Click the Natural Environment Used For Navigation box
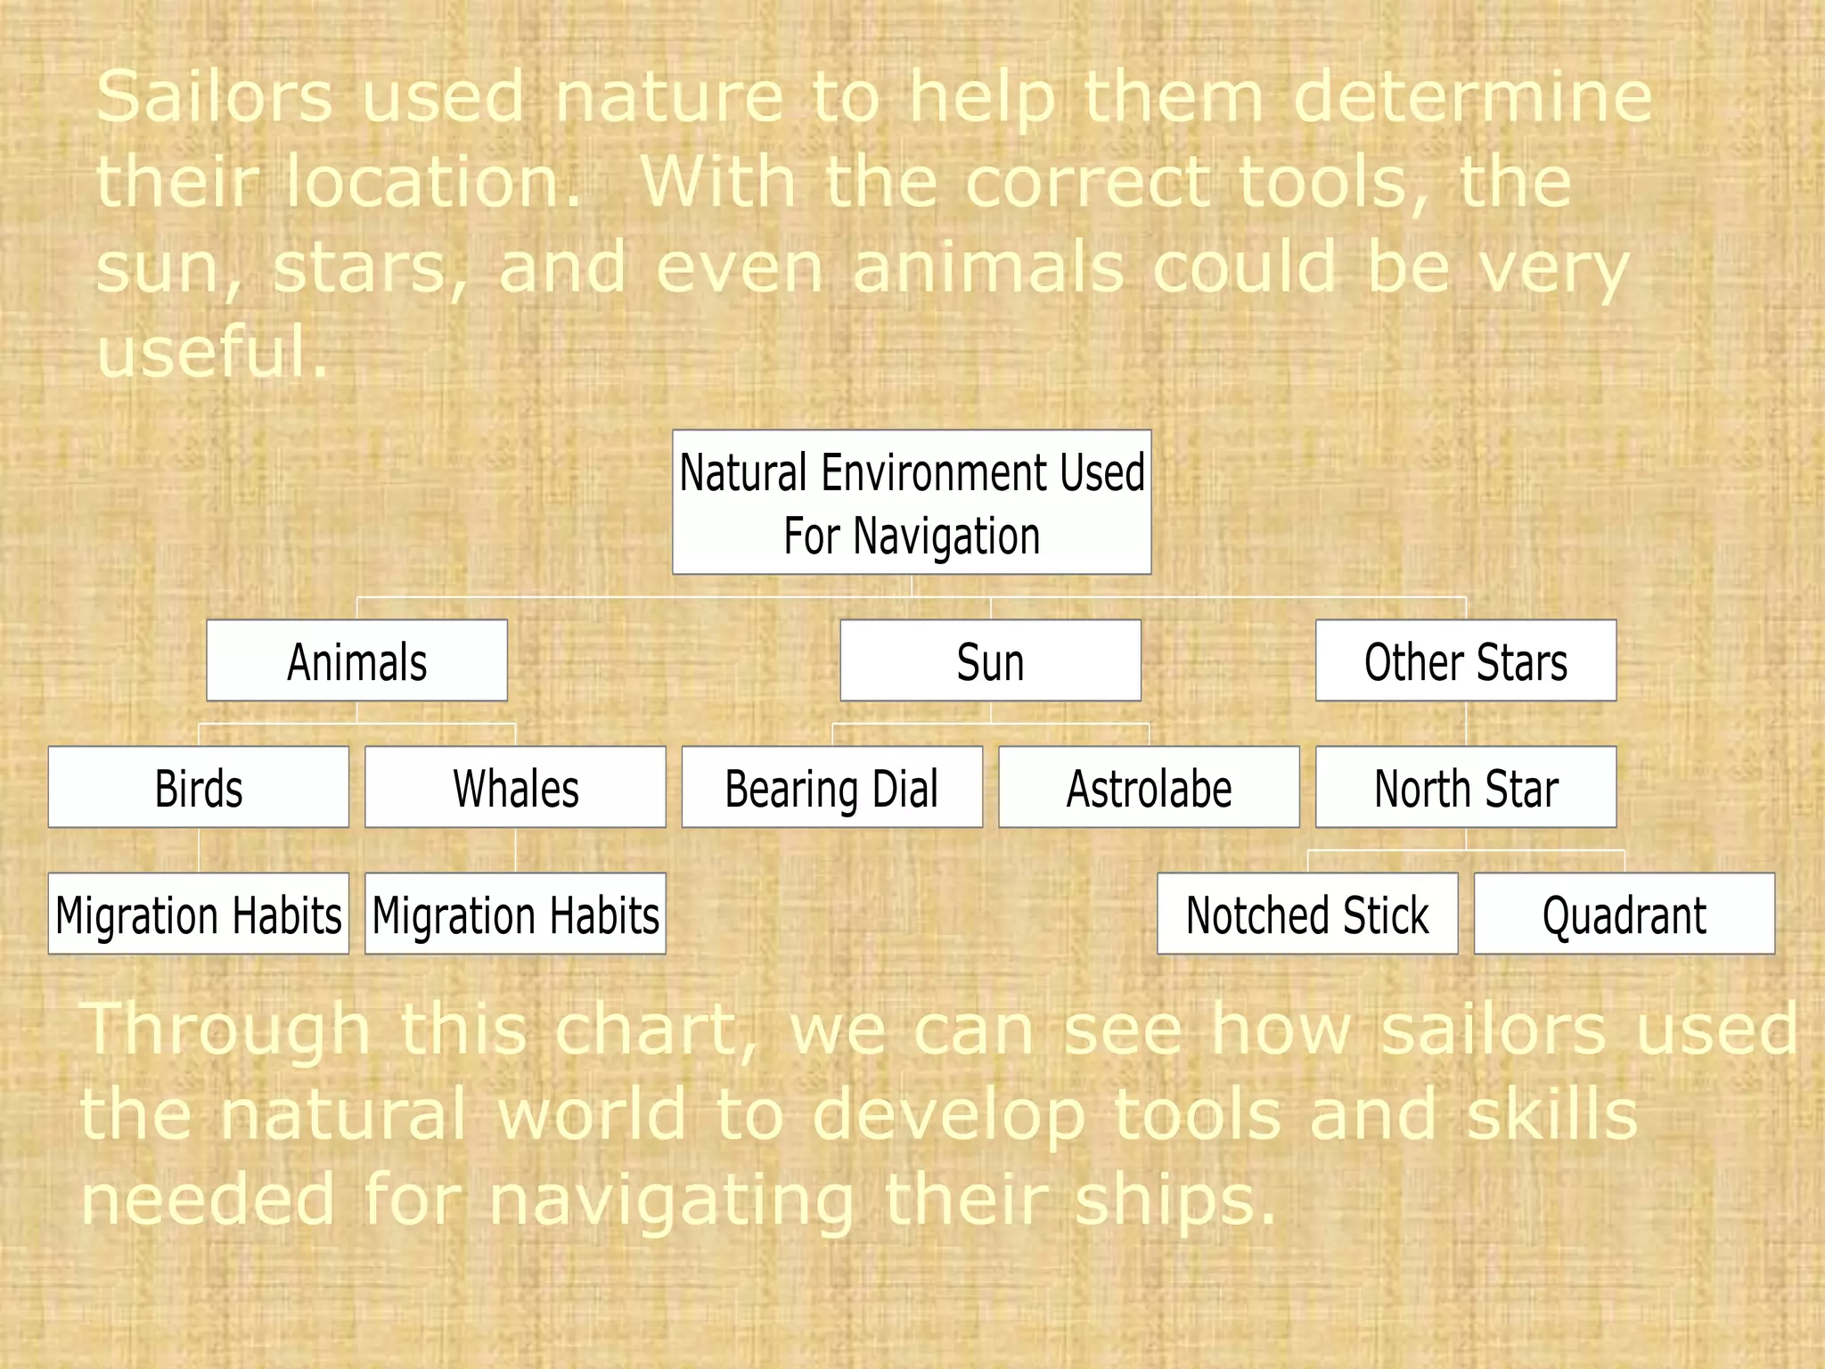912,503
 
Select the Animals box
356,661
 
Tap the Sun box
990,661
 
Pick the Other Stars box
1466,661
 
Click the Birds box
198,788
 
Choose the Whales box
515,788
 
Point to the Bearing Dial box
831,788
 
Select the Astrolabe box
1149,788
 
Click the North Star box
1466,788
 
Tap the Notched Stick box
1307,914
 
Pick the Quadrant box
1624,914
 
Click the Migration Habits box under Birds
198,914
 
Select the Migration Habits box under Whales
515,914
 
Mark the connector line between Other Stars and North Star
1466,724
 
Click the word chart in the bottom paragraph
655,1030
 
